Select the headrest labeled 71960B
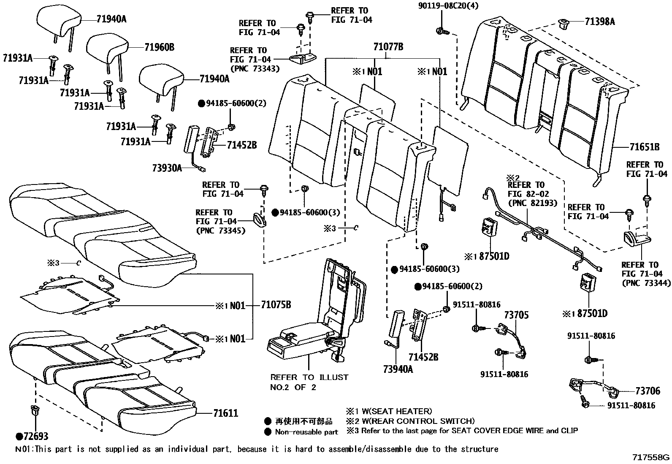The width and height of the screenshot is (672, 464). pyautogui.click(x=107, y=49)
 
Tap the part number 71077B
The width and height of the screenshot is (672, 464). pyautogui.click(x=388, y=47)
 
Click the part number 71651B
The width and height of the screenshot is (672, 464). pyautogui.click(x=644, y=147)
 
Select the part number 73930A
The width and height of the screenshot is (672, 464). pyautogui.click(x=167, y=168)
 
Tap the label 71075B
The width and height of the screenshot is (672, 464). pyautogui.click(x=276, y=305)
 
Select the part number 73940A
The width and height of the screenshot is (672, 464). pyautogui.click(x=398, y=369)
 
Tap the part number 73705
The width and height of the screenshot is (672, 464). pyautogui.click(x=517, y=315)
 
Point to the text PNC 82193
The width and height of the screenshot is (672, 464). pyautogui.click(x=532, y=203)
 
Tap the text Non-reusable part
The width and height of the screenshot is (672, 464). pyautogui.click(x=306, y=432)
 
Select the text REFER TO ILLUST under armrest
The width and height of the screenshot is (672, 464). pyautogui.click(x=309, y=377)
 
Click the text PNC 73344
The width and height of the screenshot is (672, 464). pyautogui.click(x=646, y=283)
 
